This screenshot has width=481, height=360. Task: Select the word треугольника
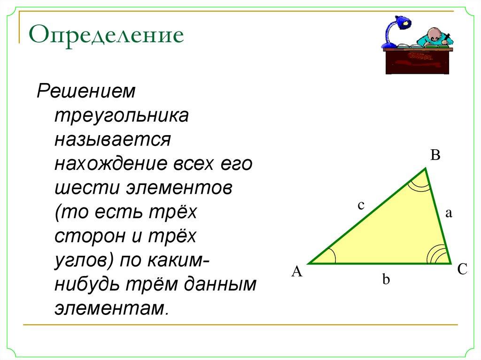(122, 115)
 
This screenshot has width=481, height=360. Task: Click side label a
(448, 214)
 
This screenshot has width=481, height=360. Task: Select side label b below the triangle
(386, 280)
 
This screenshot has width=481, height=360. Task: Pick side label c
(360, 205)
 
